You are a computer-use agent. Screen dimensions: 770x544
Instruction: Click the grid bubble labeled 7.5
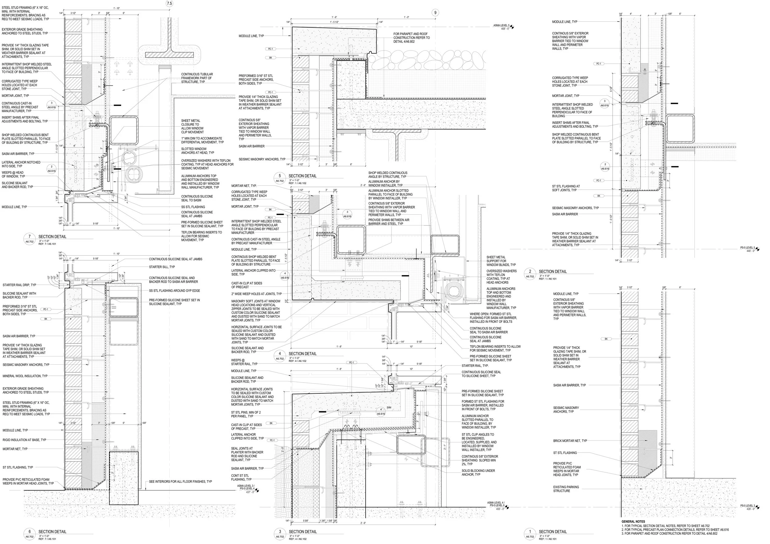point(169,4)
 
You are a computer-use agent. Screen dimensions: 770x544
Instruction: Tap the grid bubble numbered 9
point(435,13)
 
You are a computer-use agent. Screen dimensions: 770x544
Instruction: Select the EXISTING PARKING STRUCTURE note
point(566,489)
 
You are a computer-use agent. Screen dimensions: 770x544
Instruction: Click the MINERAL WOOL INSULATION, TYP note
point(25,376)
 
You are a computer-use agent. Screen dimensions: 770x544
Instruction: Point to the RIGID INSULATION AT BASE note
point(24,440)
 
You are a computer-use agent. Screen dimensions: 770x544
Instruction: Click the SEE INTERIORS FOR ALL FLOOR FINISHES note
point(180,481)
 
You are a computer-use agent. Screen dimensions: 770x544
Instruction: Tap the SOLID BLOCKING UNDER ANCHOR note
point(478,473)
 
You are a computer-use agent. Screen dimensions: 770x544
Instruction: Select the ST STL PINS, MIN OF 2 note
point(245,414)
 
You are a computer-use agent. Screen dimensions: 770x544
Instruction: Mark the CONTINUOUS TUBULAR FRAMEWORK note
point(197,78)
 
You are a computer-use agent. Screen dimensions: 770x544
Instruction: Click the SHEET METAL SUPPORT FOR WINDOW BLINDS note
point(501,261)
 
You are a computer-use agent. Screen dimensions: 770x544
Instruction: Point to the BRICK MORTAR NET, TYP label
point(570,441)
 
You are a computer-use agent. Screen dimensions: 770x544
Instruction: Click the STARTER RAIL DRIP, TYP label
point(19,285)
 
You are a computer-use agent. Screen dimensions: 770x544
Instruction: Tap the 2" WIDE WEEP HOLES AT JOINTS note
point(256,294)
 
